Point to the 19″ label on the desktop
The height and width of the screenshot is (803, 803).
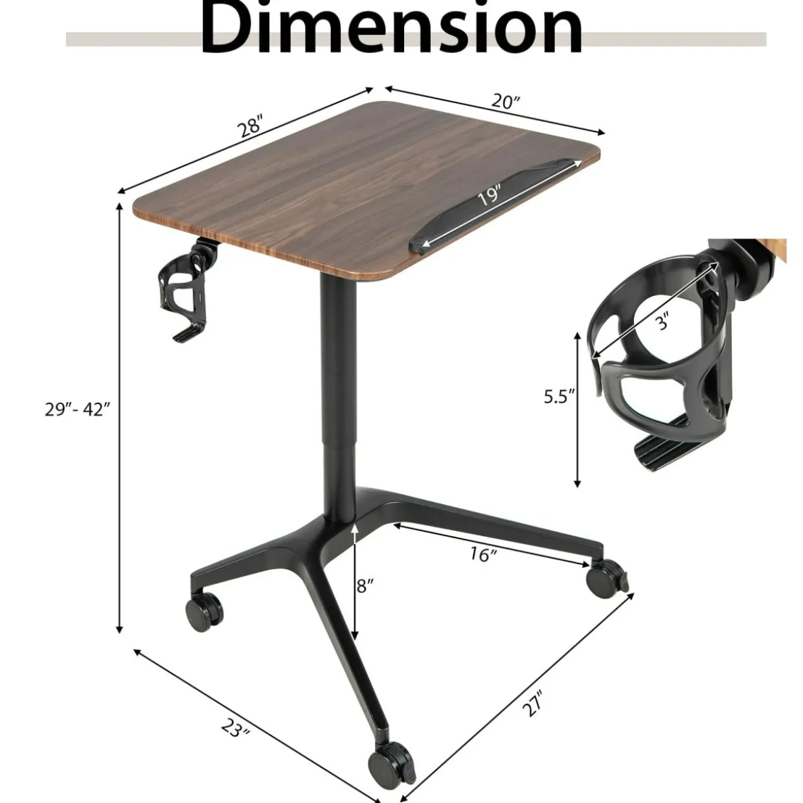(x=489, y=196)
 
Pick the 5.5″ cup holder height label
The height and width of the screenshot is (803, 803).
(x=560, y=397)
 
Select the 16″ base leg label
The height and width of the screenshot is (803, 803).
(x=483, y=555)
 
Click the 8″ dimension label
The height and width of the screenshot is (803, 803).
(x=365, y=585)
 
